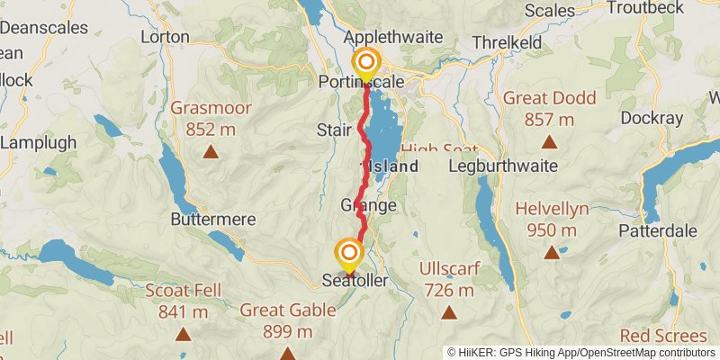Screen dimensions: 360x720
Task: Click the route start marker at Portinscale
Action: pyautogui.click(x=366, y=63)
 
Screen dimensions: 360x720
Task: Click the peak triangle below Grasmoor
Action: pyautogui.click(x=211, y=151)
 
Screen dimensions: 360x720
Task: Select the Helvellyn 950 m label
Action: pyautogui.click(x=552, y=219)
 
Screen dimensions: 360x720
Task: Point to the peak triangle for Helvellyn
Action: pyautogui.click(x=551, y=252)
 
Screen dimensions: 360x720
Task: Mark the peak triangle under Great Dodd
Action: pyautogui.click(x=547, y=140)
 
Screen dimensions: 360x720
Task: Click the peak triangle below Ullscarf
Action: pyautogui.click(x=448, y=311)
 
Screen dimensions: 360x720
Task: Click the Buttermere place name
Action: pyautogui.click(x=213, y=219)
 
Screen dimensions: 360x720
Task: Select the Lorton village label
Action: pyautogui.click(x=166, y=37)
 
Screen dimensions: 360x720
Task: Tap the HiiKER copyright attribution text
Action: pyautogui.click(x=580, y=352)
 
